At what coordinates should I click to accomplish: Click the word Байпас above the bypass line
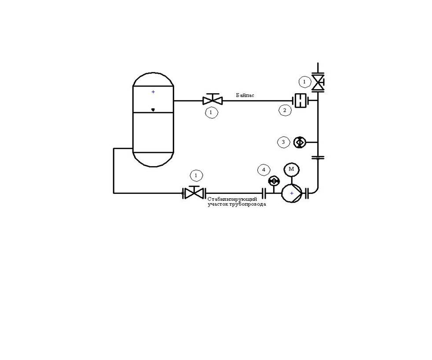coord(245,95)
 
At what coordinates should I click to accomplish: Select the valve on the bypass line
coord(212,99)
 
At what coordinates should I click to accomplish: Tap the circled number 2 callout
coord(285,111)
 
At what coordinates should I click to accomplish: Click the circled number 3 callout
coord(283,142)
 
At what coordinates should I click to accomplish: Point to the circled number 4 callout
coord(264,170)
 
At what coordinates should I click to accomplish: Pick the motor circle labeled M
coord(292,169)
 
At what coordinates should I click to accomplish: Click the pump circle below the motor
coord(292,193)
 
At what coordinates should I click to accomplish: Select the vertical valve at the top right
coord(318,82)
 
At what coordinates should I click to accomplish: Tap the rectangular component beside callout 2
coord(300,101)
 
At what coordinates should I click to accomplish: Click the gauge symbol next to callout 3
coord(300,142)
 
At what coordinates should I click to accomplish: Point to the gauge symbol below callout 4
coord(274,181)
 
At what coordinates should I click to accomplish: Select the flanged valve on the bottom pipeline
coord(194,193)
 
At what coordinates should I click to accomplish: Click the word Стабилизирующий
coord(232,199)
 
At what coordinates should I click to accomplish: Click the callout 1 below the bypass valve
coord(211,113)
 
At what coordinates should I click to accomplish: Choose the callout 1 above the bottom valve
coord(197,175)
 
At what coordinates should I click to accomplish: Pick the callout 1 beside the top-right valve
coord(305,82)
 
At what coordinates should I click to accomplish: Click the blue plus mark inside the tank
coord(153,92)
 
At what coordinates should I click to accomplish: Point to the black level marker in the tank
coord(153,110)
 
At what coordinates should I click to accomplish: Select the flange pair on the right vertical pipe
coord(318,158)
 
